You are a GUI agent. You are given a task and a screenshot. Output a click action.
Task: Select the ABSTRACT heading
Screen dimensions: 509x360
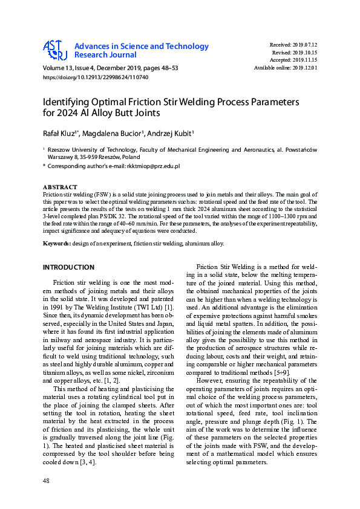[60, 187]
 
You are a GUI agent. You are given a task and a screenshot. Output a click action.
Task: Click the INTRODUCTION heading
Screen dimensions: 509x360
[68, 267]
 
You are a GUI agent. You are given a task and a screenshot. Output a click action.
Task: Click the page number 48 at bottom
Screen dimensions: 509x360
[47, 481]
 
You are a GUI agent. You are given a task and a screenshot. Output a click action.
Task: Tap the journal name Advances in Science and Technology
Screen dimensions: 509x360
[142, 47]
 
